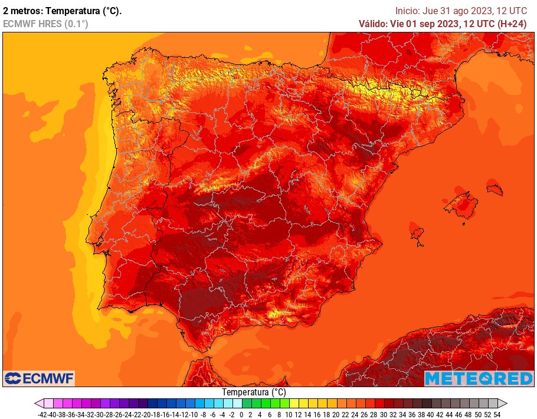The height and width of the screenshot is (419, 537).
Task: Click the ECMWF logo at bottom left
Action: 39,378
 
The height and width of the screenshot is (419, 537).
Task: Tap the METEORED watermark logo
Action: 478,378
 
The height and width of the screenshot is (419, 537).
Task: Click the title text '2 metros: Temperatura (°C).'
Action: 63,11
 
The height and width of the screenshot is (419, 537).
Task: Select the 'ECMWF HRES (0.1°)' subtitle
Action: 45,24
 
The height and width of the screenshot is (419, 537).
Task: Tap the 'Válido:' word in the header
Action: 373,24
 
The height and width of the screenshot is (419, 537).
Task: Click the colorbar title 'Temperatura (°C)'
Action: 254,392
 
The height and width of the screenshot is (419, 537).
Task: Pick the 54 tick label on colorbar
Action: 497,414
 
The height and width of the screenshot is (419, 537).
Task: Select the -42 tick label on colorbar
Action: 41,414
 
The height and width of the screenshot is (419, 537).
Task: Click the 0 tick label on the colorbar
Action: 241,414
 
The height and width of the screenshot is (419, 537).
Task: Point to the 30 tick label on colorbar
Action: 384,414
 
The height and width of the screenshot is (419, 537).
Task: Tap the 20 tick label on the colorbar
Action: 336,414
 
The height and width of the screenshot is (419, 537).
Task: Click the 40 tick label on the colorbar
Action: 431,414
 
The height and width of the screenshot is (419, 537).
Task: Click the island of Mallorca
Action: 461,204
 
